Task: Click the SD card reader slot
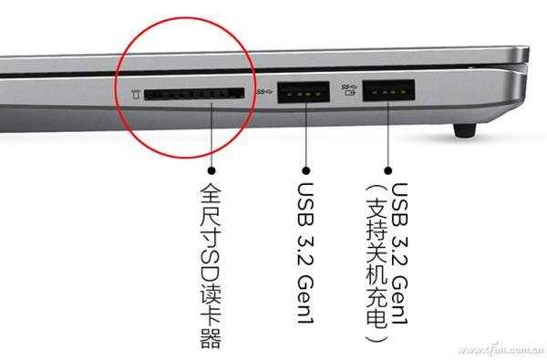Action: pos(194,94)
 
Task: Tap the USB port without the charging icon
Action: pos(304,92)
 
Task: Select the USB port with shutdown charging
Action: pos(388,91)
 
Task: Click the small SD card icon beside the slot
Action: pos(136,94)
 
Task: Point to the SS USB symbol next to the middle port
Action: pos(264,92)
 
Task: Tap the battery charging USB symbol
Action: pos(349,89)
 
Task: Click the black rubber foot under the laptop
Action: pos(465,130)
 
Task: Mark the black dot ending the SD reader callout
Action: pos(212,170)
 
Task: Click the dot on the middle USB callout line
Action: pos(306,170)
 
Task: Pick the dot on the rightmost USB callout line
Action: pos(388,170)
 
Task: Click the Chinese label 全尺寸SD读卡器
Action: pos(211,266)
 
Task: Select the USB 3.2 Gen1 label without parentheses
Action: pos(305,253)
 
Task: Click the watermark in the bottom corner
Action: pos(501,349)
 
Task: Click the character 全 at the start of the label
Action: pos(211,193)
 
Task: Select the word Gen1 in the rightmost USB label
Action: pos(399,300)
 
